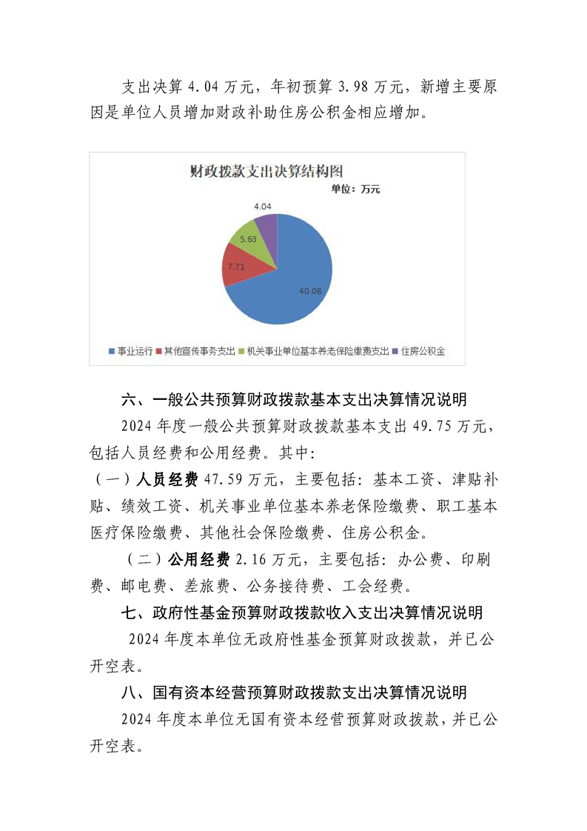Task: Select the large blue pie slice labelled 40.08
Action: [296, 281]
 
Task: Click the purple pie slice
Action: [267, 226]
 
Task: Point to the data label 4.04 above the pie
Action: [263, 206]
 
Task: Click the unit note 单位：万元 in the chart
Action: [355, 189]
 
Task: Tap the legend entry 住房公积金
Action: [422, 351]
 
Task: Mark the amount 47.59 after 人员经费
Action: [229, 479]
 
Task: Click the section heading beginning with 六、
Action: [294, 400]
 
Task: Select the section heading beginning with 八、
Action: [294, 692]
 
